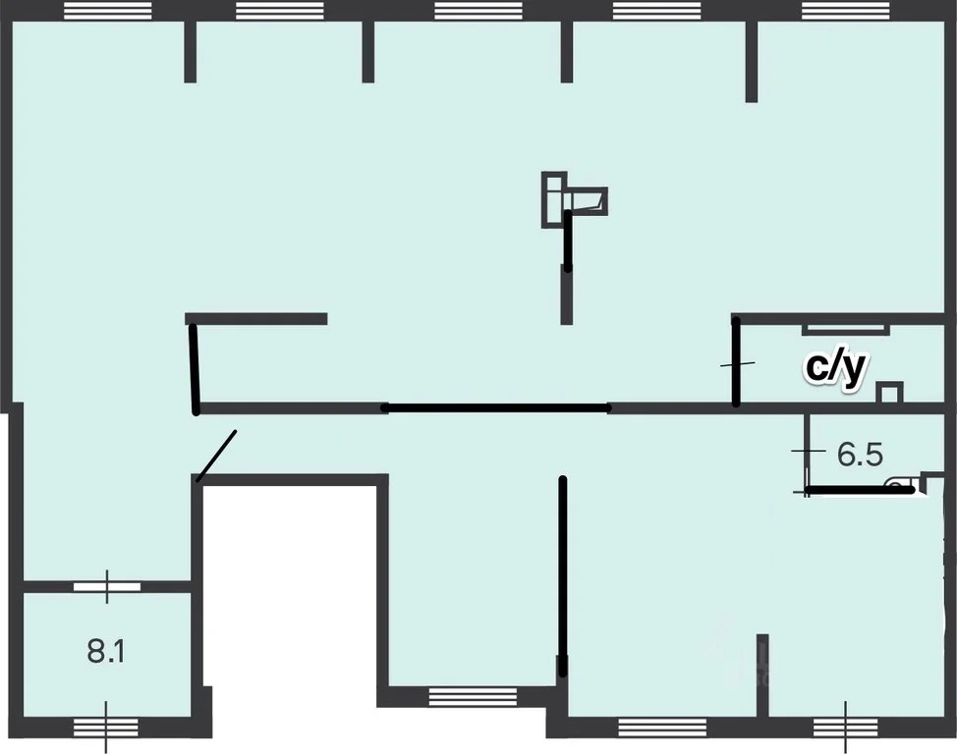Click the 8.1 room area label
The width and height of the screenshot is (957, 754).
(106, 652)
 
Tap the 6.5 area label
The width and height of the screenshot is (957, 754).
(860, 455)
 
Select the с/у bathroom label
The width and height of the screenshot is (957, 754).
(835, 368)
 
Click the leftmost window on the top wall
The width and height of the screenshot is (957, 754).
(107, 11)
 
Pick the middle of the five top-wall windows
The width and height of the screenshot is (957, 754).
(478, 11)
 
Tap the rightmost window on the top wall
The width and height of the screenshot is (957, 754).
(845, 11)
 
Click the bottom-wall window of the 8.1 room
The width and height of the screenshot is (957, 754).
(105, 727)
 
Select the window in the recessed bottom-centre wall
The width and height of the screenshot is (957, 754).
(473, 697)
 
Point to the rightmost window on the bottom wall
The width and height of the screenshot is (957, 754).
(845, 727)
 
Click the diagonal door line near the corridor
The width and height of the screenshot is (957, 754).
(216, 457)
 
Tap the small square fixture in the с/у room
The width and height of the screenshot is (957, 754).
(889, 393)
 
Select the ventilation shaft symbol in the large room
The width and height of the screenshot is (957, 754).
(574, 200)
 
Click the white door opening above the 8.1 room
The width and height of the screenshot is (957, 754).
(107, 587)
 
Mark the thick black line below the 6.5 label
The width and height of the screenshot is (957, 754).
(860, 489)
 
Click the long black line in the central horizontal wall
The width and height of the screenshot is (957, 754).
(495, 408)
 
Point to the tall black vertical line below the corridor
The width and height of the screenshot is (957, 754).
(563, 576)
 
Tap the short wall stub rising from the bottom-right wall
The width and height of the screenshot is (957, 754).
(762, 675)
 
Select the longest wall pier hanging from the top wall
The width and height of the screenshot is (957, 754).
(752, 62)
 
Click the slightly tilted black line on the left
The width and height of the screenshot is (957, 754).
(195, 370)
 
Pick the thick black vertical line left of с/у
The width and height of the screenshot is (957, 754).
(736, 361)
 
